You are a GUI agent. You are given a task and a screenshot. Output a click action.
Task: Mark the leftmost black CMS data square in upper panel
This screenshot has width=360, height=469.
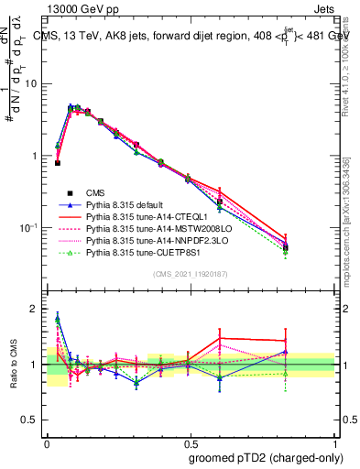(x=58, y=162)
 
